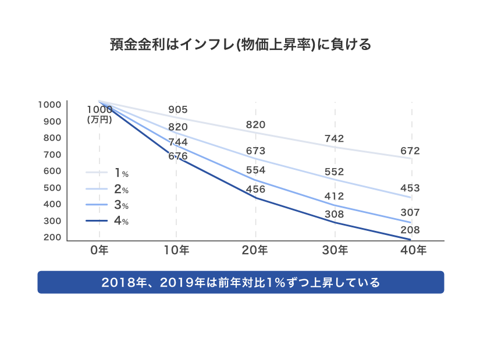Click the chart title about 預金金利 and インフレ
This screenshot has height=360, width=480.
[x=240, y=45]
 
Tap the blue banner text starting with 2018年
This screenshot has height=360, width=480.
[x=240, y=283]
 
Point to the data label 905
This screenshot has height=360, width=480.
[x=177, y=110]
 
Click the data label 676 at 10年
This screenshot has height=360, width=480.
[x=177, y=156]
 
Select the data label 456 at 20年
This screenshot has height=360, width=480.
[x=255, y=190]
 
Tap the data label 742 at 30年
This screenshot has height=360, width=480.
[x=335, y=138]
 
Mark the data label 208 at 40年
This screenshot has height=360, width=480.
[x=410, y=230]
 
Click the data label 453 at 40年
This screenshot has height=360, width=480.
[x=410, y=188]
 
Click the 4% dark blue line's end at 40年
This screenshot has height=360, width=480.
[x=411, y=239]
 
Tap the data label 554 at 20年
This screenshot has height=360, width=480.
[x=255, y=170]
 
